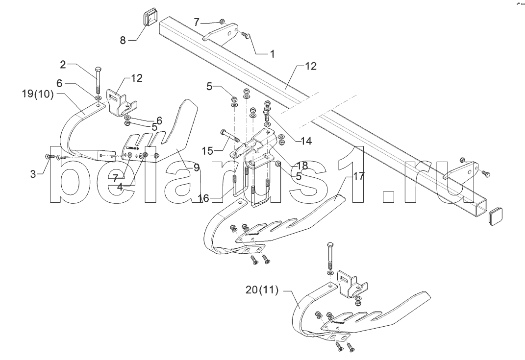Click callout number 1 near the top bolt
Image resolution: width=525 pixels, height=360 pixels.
point(272,53)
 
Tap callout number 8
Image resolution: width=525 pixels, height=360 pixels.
point(123,41)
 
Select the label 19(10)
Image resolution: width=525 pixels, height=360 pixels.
point(38,95)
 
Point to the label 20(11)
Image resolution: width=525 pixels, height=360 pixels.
point(262,290)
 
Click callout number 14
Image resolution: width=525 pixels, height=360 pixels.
point(306,141)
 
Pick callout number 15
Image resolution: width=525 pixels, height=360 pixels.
point(207,151)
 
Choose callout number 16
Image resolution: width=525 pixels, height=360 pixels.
point(203,198)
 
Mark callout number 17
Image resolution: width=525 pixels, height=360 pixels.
point(358,176)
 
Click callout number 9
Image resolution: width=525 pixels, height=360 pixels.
point(197,168)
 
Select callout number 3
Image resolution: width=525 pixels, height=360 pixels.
point(33,174)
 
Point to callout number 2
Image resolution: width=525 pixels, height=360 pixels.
point(63,65)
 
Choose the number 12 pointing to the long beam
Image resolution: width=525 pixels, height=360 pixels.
point(310,66)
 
